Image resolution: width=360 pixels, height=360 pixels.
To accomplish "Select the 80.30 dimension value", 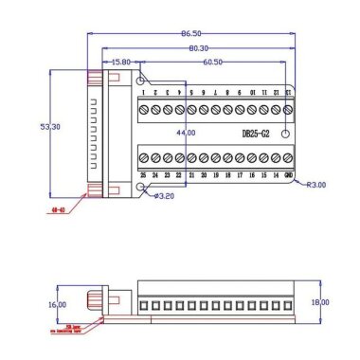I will pyautogui.click(x=198, y=47).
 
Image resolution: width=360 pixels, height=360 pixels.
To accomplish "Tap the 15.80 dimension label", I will pyautogui.click(x=121, y=62).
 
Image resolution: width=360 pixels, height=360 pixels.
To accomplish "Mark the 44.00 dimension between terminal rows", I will pyautogui.click(x=184, y=133).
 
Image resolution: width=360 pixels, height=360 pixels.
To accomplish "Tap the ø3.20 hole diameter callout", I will pyautogui.click(x=163, y=196).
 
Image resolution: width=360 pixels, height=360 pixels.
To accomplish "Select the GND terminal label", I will pyautogui.click(x=287, y=176).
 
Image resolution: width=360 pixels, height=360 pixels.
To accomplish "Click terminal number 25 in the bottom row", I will pyautogui.click(x=143, y=176).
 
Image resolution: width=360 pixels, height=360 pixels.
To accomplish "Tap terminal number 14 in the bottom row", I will pyautogui.click(x=275, y=176).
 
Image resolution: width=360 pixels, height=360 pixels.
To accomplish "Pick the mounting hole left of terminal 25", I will pyautogui.click(x=143, y=189).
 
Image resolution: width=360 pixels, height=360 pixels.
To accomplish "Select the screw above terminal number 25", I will pyautogui.click(x=144, y=157).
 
